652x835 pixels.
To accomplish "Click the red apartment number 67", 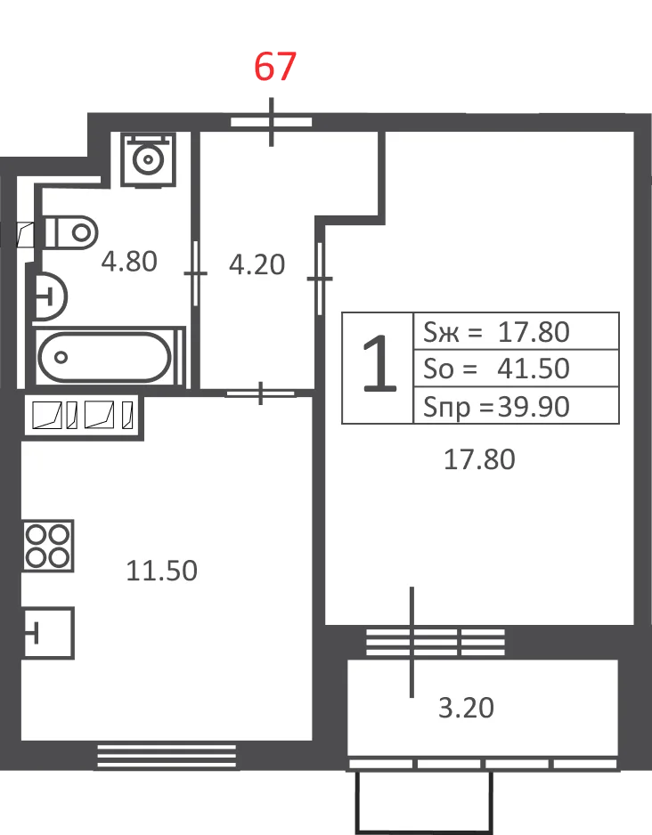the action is coord(275,67).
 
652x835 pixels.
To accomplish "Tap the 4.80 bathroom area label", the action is coord(129,262).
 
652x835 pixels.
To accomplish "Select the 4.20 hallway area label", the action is coord(257,264).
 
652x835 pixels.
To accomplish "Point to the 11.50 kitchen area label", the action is coord(162,571).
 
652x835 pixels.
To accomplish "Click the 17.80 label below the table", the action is coord(479,459).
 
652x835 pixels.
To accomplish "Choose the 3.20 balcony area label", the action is coord(466,708).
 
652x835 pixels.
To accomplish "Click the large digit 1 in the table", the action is coord(379,363).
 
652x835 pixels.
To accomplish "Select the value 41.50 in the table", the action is coord(534,368).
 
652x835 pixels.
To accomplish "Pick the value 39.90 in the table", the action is coord(534,406).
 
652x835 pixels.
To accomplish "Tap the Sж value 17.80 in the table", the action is coord(534,332).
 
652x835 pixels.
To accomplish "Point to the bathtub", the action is coord(105,357).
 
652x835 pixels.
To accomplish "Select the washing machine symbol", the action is coord(148,158).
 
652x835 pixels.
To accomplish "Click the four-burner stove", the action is coord(48,546).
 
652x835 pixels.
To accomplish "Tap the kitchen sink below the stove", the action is coord(48,633).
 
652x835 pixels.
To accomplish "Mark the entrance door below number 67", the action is coord(271,122).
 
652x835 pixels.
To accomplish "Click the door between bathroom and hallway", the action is coord(195,273).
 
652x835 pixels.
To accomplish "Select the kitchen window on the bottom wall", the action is coord(167,756).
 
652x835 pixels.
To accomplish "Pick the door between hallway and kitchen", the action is coord(260,393).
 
